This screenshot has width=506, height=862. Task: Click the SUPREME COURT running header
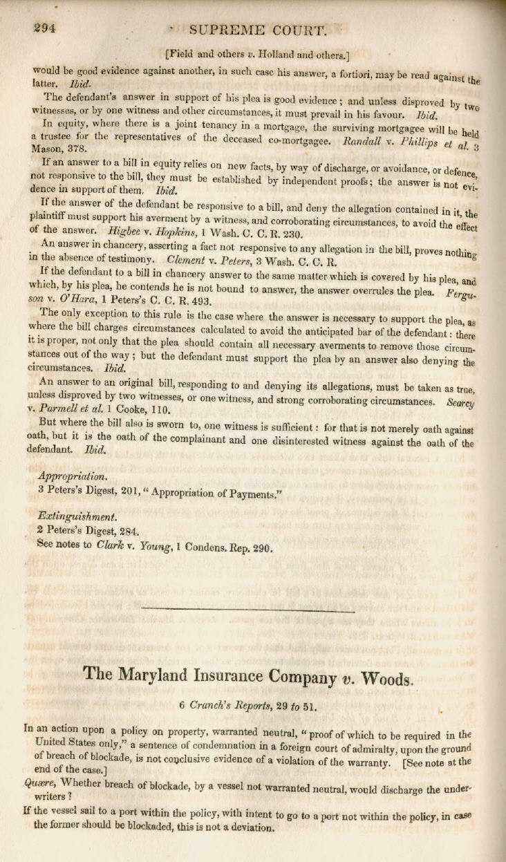(x=256, y=30)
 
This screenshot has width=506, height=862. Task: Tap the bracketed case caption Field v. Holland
(x=258, y=53)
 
